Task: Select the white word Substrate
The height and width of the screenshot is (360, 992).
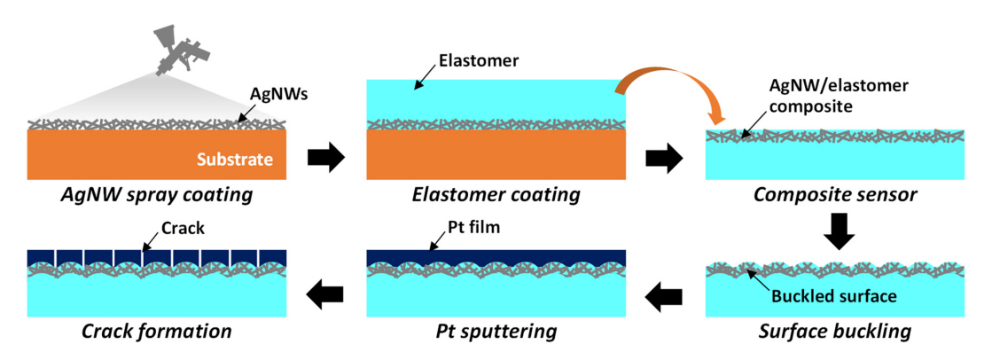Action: (x=236, y=160)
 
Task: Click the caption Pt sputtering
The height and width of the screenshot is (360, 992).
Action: (x=496, y=333)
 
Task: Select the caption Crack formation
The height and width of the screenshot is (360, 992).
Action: (x=157, y=333)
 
